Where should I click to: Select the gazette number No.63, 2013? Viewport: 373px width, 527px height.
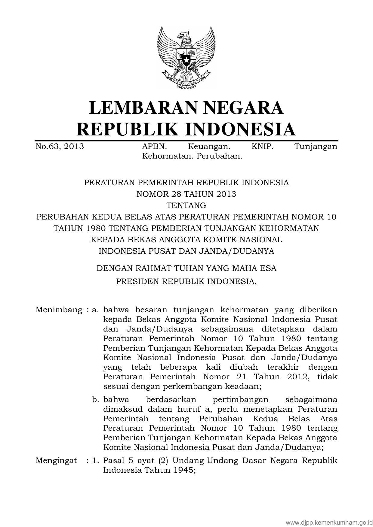click(60, 147)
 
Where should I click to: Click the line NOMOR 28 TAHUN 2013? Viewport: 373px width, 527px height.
click(186, 194)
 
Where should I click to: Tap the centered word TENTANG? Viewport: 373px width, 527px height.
click(186, 205)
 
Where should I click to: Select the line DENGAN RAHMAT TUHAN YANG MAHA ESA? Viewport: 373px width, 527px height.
click(186, 268)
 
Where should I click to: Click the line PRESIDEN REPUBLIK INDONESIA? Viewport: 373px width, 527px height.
click(186, 281)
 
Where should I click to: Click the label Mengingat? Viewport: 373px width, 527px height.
click(56, 460)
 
